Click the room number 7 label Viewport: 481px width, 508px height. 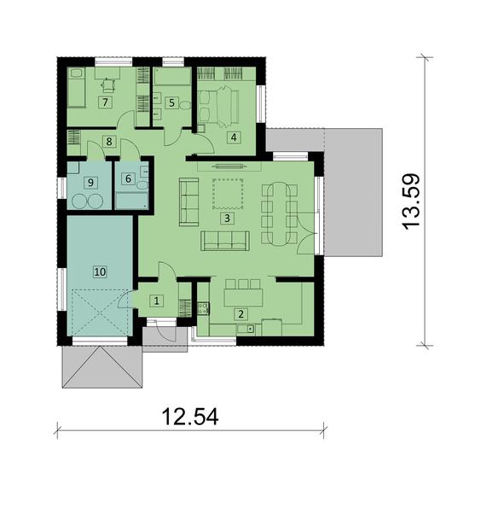(105, 102)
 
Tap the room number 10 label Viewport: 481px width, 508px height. (100, 272)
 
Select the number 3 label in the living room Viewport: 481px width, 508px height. (227, 218)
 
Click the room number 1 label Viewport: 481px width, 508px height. (156, 301)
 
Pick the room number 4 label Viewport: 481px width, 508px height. (234, 137)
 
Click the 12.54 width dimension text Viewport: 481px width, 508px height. (190, 417)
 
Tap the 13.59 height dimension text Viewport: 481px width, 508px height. (411, 202)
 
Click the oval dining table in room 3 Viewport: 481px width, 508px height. (279, 214)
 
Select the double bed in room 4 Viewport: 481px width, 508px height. (219, 108)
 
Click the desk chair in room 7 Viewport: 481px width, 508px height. (107, 85)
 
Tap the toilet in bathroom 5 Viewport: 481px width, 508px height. (185, 105)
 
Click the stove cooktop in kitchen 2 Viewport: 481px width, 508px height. (203, 308)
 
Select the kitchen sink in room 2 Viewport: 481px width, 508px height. (246, 330)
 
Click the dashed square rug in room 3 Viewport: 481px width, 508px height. (228, 194)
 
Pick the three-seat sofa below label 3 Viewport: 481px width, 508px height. (225, 241)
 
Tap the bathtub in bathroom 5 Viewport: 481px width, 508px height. (171, 77)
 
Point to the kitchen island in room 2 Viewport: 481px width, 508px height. (243, 297)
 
